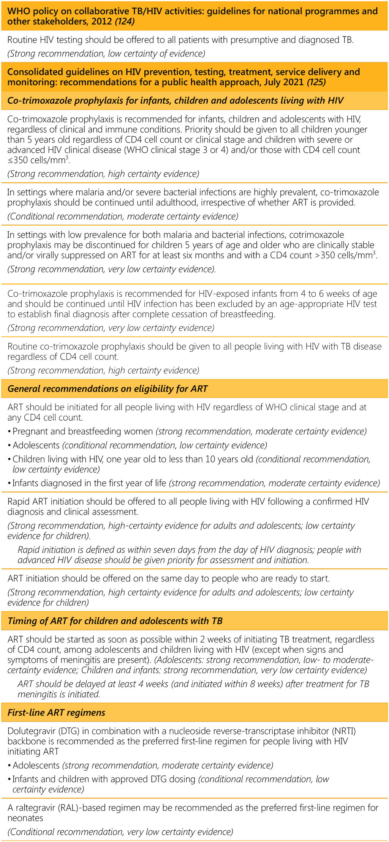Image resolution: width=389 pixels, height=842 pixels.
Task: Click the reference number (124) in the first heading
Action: [125, 21]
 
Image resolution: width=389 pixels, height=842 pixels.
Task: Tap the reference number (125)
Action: [316, 82]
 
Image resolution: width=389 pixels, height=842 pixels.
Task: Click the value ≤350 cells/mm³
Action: [38, 160]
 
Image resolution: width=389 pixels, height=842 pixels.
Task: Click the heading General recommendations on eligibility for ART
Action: [108, 389]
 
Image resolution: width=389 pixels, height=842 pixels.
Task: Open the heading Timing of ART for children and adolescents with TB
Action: [115, 621]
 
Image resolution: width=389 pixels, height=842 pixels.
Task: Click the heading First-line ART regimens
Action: [56, 712]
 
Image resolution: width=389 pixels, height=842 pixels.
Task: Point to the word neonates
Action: [25, 818]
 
